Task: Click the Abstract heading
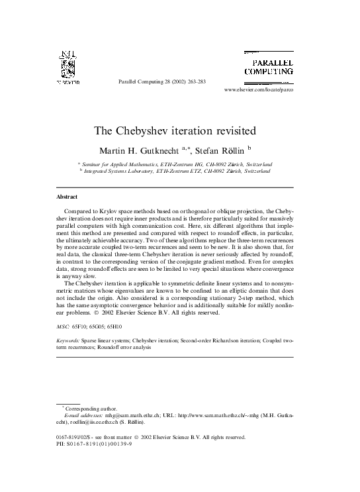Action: pos(67,197)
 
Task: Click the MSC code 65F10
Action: pos(83,327)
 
